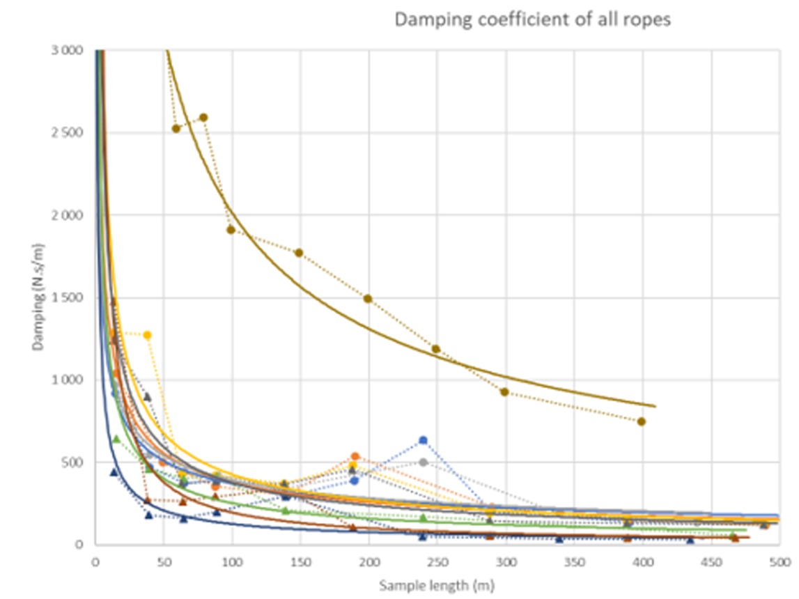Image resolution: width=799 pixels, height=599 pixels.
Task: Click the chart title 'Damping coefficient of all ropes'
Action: click(533, 20)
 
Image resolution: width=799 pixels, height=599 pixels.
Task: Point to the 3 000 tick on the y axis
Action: click(68, 51)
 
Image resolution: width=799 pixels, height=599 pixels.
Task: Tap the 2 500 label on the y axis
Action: click(68, 133)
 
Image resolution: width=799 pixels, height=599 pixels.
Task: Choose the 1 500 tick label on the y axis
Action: click(68, 298)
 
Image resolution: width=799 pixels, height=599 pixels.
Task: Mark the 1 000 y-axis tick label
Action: click(68, 380)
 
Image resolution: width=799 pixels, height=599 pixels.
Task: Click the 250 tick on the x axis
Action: click(437, 560)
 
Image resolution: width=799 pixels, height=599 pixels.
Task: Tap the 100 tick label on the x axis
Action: click(232, 560)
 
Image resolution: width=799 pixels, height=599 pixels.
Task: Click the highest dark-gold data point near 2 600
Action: click(203, 118)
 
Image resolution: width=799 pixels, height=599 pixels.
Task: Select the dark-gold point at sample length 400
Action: click(642, 421)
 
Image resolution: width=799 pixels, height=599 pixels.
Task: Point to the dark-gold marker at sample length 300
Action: click(504, 391)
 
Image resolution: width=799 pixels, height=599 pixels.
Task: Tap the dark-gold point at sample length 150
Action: click(299, 252)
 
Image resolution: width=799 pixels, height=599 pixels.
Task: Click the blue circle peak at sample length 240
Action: click(423, 440)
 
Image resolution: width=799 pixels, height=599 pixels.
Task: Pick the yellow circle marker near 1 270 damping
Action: click(147, 335)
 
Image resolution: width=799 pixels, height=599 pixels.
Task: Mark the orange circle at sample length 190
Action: click(355, 456)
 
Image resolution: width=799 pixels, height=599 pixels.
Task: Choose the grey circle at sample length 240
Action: click(423, 462)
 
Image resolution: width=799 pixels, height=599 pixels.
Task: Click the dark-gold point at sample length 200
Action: click(368, 298)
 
